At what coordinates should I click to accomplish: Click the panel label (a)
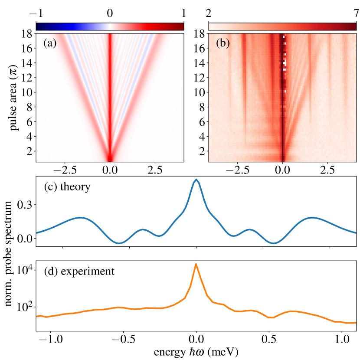pos(51,44)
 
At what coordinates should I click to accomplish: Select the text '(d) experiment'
pos(79,272)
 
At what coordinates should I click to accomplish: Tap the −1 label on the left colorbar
pos(36,13)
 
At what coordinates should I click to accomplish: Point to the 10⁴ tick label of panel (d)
pos(23,271)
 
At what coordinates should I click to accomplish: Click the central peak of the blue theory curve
pos(196,180)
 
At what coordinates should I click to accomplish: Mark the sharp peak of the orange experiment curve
pos(196,264)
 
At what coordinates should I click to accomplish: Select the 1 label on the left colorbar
pos(184,13)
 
